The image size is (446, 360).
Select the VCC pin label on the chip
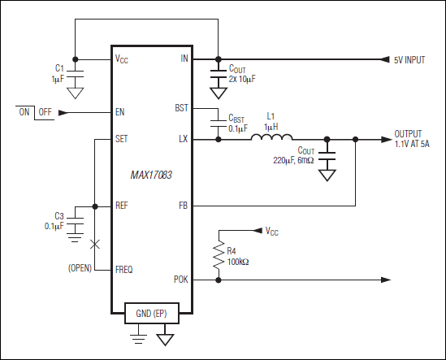click(123, 59)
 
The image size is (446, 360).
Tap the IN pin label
click(184, 59)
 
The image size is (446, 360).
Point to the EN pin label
click(120, 112)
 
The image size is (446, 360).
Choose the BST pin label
click(181, 107)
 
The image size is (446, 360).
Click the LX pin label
click(183, 139)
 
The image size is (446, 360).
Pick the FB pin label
click(183, 206)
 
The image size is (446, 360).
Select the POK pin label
click(180, 279)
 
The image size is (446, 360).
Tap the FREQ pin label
click(124, 268)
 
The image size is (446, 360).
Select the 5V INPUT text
click(411, 60)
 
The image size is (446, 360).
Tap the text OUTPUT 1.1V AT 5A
click(414, 138)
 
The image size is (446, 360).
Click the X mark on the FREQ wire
click(96, 243)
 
